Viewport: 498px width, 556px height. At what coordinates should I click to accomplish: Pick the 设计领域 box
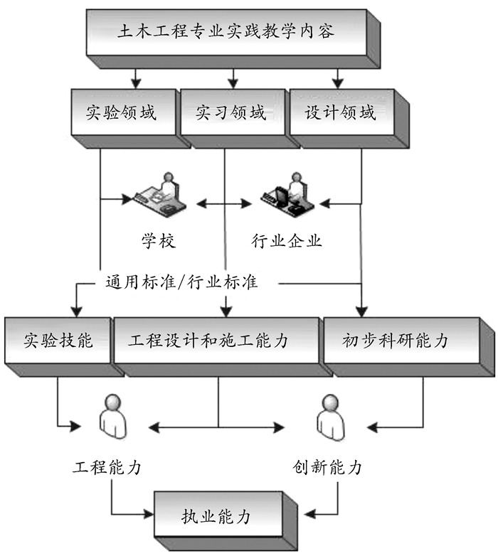pyautogui.click(x=340, y=112)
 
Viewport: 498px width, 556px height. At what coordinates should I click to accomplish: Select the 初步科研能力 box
pyautogui.click(x=396, y=340)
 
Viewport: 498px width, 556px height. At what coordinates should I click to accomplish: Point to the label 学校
pyautogui.click(x=157, y=241)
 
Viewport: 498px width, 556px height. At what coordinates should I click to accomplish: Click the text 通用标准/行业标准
pyautogui.click(x=177, y=282)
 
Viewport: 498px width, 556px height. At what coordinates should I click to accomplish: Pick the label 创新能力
pyautogui.click(x=327, y=467)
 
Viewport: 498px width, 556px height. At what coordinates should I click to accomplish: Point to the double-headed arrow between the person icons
pyautogui.click(x=218, y=427)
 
